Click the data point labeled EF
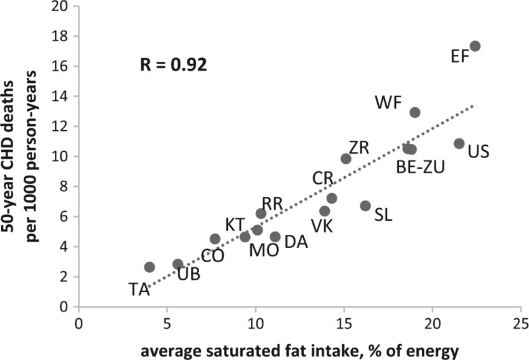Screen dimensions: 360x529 pyautogui.click(x=475, y=46)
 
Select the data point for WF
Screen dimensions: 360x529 pyautogui.click(x=415, y=113)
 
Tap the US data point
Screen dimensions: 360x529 pyautogui.click(x=459, y=144)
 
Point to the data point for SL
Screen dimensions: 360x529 pyautogui.click(x=365, y=206)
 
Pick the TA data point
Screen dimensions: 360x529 pyautogui.click(x=149, y=267)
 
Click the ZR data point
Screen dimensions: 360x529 pyautogui.click(x=346, y=159)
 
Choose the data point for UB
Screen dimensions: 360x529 pyautogui.click(x=178, y=264)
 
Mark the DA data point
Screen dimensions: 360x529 pyautogui.click(x=275, y=237)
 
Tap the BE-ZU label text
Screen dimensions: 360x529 pyautogui.click(x=421, y=167)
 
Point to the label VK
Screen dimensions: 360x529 pyautogui.click(x=322, y=227)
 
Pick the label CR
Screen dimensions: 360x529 pyautogui.click(x=323, y=179)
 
